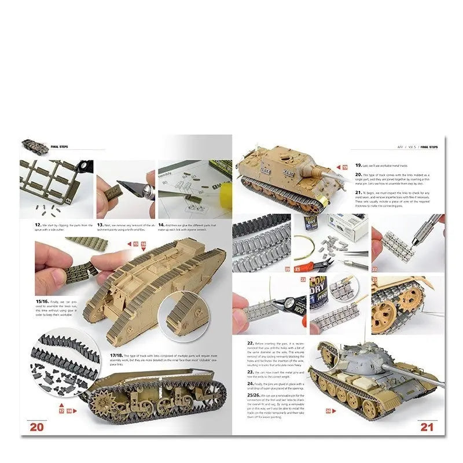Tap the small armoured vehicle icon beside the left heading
pos(35,146)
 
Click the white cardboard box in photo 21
pos(347,226)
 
